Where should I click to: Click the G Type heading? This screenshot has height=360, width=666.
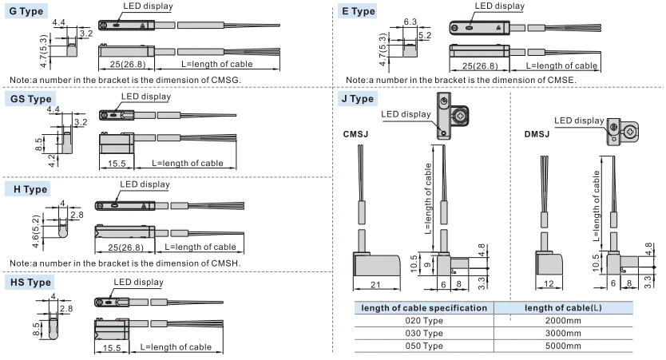point(27,11)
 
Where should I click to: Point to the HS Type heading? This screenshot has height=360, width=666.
point(30,283)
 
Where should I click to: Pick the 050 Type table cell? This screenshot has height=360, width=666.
point(423,345)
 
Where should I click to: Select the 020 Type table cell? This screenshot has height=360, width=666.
point(423,319)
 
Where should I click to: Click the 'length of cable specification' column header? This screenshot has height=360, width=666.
point(424,307)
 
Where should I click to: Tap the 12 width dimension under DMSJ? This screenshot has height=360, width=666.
point(548,286)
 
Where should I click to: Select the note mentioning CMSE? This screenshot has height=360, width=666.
point(461,80)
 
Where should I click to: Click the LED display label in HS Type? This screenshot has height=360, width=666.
point(138,283)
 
